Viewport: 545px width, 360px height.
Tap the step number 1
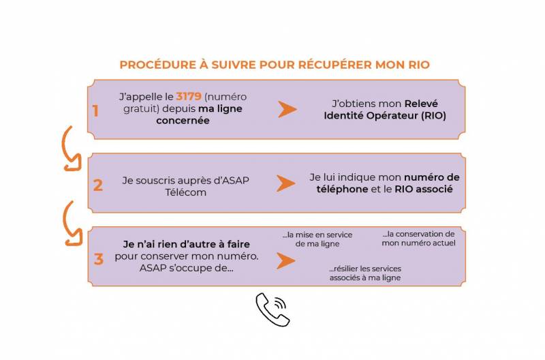pyautogui.click(x=95, y=110)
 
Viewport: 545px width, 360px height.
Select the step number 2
pyautogui.click(x=97, y=185)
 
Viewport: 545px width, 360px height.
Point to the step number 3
pyautogui.click(x=98, y=259)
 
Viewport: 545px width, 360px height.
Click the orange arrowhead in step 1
pyautogui.click(x=287, y=110)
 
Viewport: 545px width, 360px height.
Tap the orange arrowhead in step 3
pyautogui.click(x=285, y=261)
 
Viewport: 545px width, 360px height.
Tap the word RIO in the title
pyautogui.click(x=416, y=65)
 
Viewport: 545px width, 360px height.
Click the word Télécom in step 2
pyautogui.click(x=185, y=192)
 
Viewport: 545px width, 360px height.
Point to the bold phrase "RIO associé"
pyautogui.click(x=423, y=189)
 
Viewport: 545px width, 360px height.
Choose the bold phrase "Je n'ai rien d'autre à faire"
pyautogui.click(x=186, y=244)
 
